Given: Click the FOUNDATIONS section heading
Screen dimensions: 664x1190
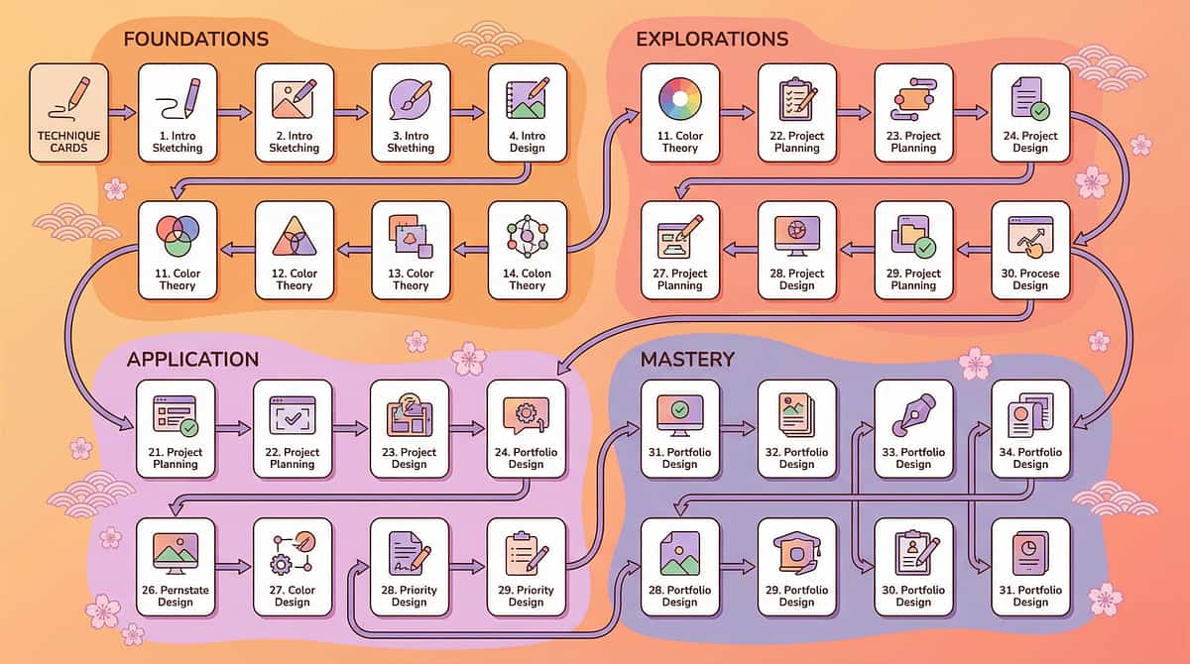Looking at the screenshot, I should click(x=195, y=40).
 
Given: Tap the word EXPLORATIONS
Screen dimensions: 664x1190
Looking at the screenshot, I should click(x=711, y=40).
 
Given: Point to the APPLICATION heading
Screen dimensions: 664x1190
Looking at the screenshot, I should click(x=192, y=359).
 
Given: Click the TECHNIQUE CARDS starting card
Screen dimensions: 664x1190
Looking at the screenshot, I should click(x=68, y=112).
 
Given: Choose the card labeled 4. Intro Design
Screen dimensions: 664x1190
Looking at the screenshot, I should click(x=528, y=112).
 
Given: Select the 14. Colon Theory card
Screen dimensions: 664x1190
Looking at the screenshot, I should click(x=528, y=250).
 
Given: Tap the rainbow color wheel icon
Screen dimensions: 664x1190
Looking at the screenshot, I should click(x=679, y=97).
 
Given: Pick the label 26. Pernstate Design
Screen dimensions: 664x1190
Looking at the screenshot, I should click(x=176, y=596).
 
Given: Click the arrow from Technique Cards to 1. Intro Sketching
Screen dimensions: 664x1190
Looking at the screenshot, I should click(x=122, y=113).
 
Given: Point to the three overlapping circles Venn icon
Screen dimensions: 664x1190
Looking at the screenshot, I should click(x=178, y=236).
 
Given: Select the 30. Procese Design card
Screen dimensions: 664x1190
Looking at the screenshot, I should click(x=1030, y=250).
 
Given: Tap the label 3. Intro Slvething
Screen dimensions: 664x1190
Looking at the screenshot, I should click(x=411, y=142).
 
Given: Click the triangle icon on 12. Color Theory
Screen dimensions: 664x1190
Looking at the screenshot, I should click(x=295, y=236).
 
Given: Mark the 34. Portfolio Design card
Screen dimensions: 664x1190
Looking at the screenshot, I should click(x=1030, y=428).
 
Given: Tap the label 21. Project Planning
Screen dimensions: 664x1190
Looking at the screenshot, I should click(x=176, y=458).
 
